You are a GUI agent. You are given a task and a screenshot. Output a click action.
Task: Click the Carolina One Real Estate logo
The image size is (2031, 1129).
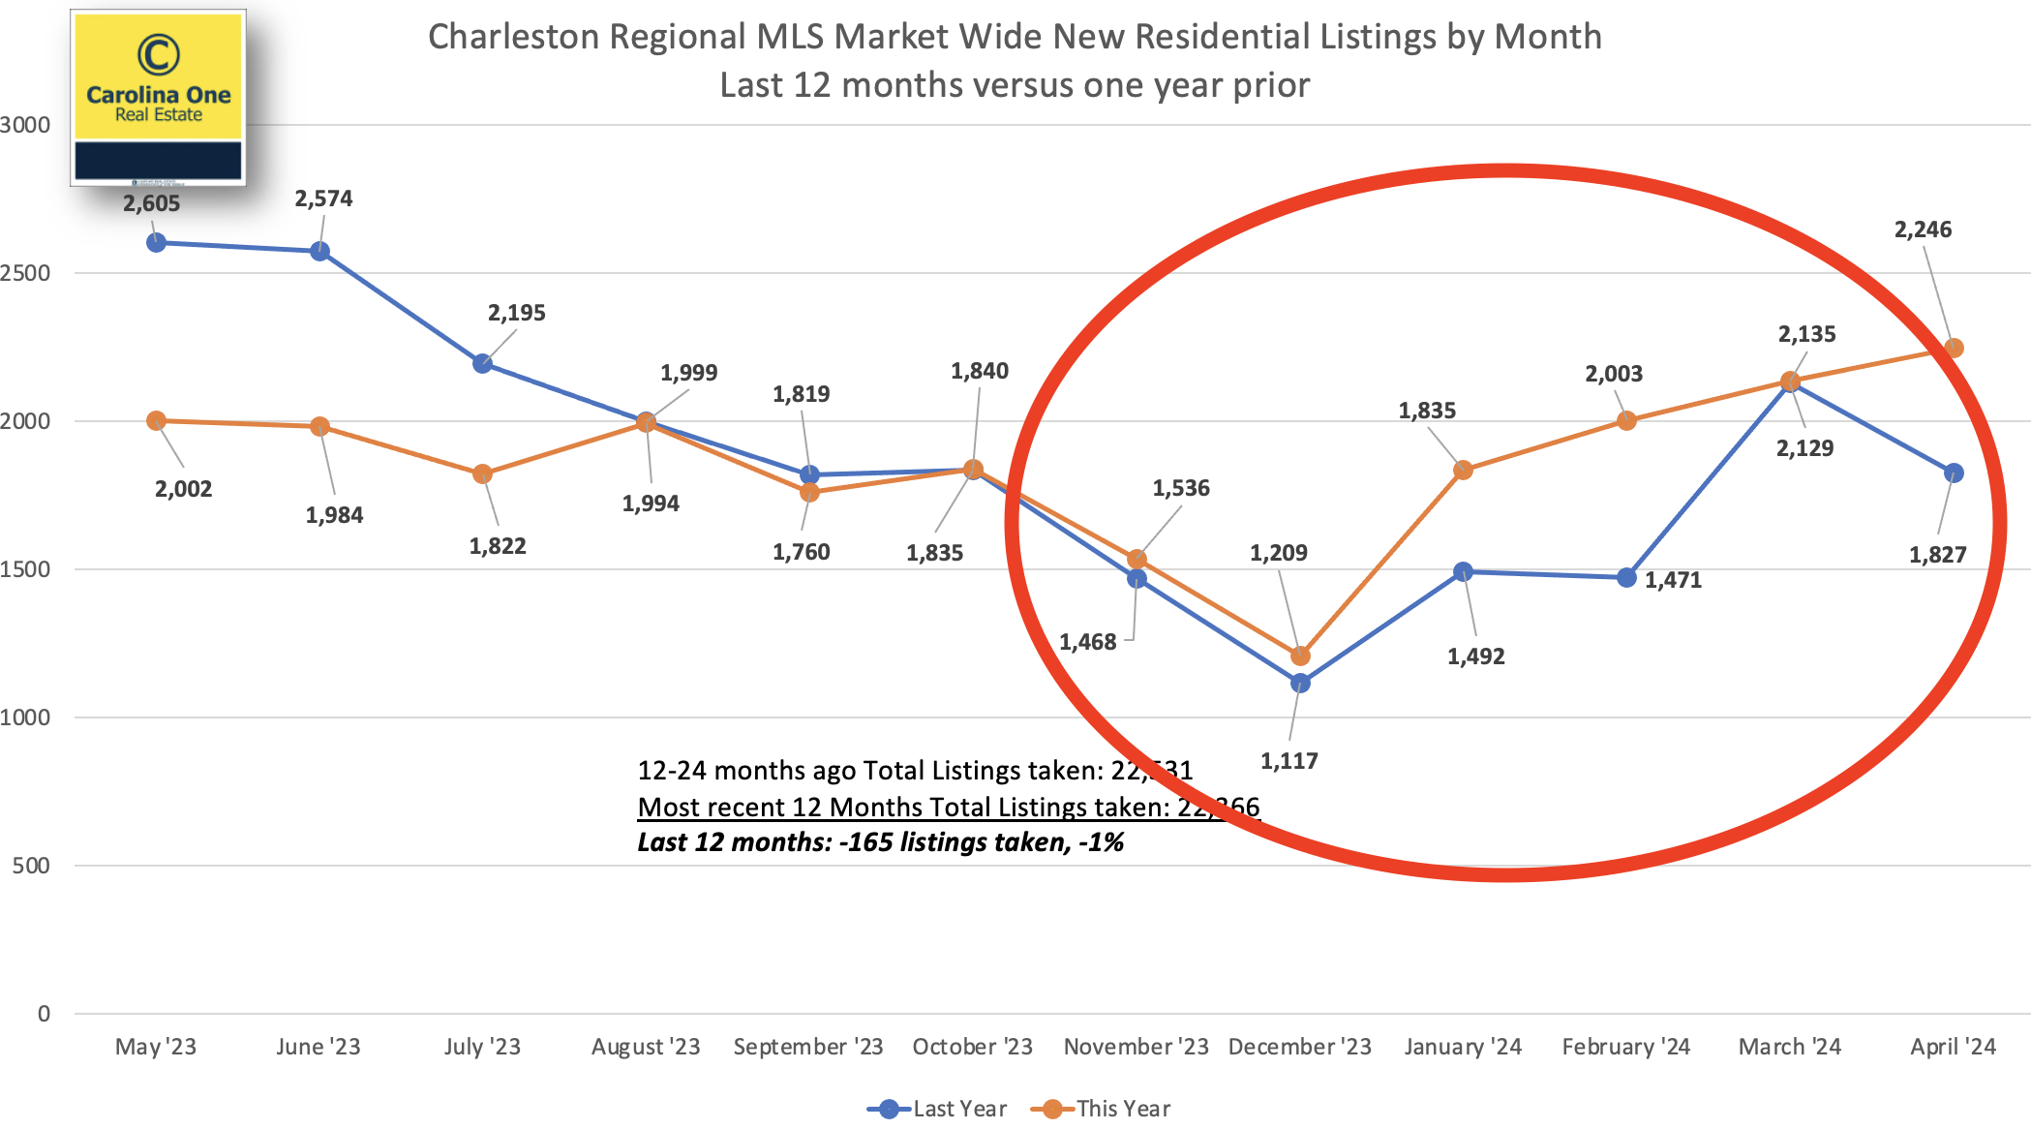pos(159,97)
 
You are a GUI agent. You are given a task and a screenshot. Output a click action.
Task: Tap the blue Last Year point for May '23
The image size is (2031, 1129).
pos(156,242)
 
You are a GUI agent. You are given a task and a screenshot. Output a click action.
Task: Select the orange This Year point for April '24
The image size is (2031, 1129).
pos(1954,348)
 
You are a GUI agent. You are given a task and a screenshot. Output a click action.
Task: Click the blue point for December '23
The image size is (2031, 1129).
pos(1300,683)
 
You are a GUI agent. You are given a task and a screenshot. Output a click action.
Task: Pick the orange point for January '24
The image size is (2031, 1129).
pos(1463,470)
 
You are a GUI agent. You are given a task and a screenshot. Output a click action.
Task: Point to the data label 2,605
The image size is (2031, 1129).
pos(151,203)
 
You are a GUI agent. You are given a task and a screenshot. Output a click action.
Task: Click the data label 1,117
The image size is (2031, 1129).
pos(1288,761)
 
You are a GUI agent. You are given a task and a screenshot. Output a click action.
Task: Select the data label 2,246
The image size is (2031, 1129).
pos(1923,229)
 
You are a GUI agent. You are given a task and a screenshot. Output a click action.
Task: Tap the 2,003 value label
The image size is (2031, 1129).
pos(1613,374)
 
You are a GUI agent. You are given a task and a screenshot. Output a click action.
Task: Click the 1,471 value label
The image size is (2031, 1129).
pos(1673,580)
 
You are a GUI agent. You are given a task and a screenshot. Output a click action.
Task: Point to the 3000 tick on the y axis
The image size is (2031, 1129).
pos(25,125)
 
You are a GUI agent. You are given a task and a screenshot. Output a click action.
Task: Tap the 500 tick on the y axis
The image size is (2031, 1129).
pos(31,866)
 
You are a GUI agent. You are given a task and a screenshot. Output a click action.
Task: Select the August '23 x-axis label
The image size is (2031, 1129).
pos(646,1047)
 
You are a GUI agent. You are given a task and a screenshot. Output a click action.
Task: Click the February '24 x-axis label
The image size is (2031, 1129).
pos(1625,1047)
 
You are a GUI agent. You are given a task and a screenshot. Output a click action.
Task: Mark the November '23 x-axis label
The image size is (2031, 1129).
pos(1136,1047)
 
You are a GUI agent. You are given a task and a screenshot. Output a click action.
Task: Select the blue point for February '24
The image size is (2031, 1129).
pos(1626,577)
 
